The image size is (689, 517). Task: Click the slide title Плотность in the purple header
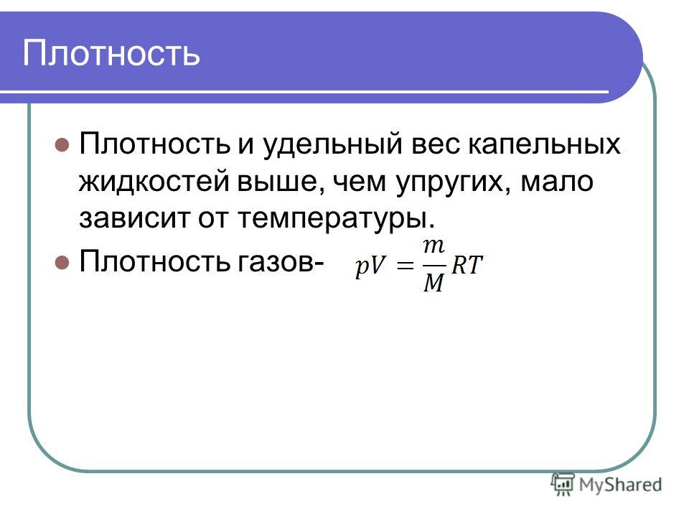click(111, 53)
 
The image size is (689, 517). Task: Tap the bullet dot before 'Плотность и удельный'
click(62, 144)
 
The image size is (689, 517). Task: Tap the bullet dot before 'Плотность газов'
click(62, 263)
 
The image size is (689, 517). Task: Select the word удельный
click(332, 144)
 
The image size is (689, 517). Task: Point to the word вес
click(436, 144)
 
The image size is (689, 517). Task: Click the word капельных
click(545, 144)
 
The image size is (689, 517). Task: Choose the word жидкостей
click(154, 182)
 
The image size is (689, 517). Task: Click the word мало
click(557, 182)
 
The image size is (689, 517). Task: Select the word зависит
click(134, 218)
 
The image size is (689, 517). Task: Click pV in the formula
click(371, 266)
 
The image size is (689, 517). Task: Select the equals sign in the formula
click(405, 266)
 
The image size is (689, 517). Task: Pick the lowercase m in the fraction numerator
click(434, 246)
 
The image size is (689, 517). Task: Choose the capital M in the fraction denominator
click(434, 283)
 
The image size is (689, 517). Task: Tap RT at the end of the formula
click(467, 265)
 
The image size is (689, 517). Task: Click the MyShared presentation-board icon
click(563, 485)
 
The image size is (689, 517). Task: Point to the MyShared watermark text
click(620, 485)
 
